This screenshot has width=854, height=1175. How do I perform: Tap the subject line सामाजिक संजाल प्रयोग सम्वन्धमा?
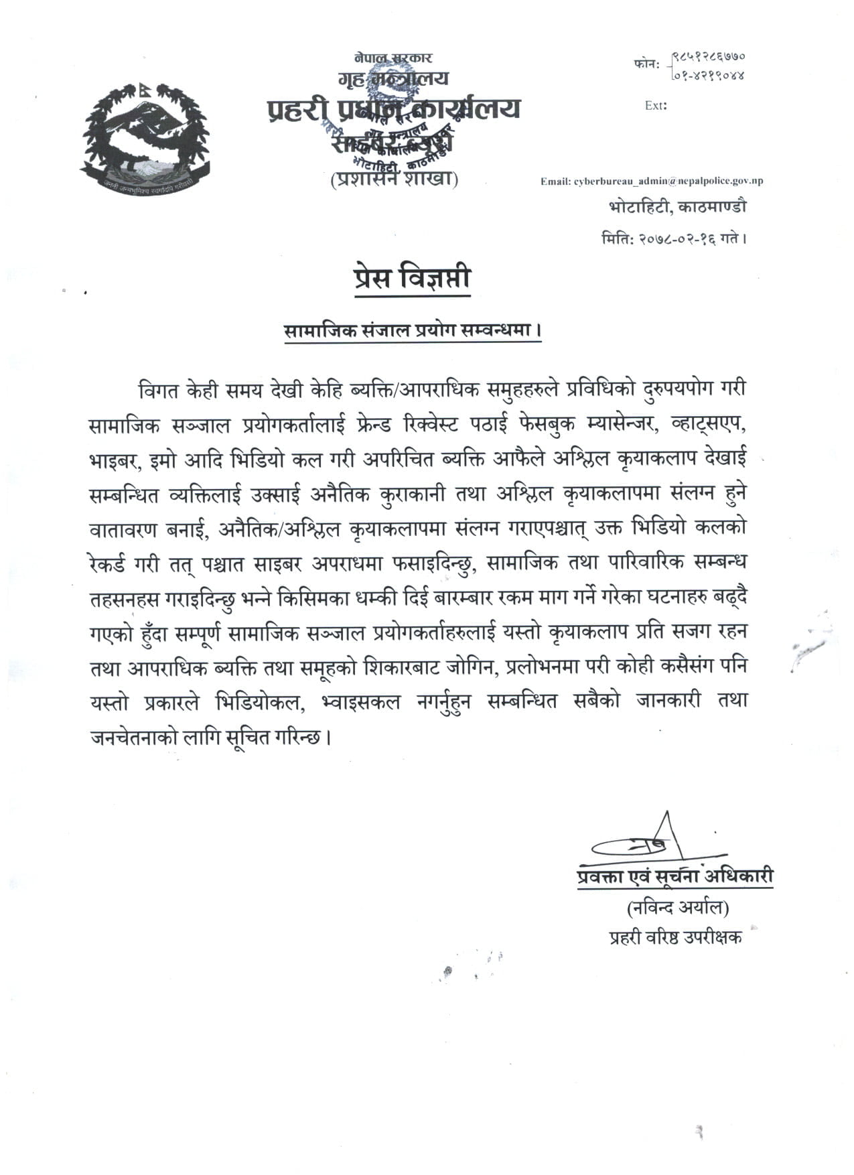[412, 332]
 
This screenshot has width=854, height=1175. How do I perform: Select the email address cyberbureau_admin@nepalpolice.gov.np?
[651, 181]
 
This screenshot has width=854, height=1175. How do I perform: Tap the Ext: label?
[655, 105]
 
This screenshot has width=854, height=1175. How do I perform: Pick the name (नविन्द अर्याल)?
[677, 908]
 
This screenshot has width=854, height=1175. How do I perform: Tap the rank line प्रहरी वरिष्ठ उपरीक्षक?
[675, 937]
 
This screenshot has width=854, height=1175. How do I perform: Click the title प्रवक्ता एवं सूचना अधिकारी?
[674, 877]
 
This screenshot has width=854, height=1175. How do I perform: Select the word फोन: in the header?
[646, 65]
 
